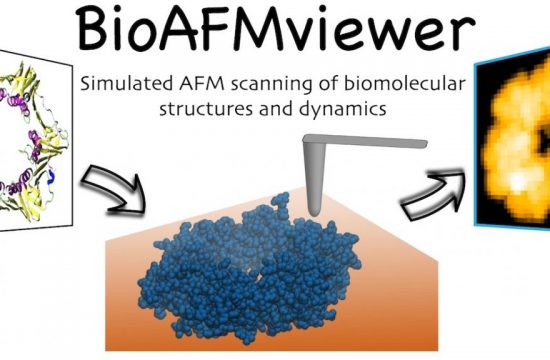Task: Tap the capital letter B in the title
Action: (x=101, y=32)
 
